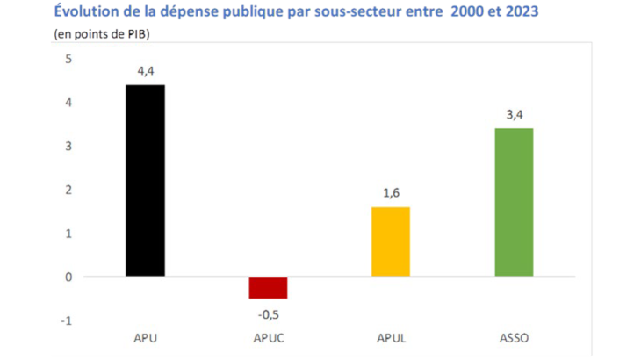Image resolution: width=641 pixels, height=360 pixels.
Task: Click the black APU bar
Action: [x=145, y=180]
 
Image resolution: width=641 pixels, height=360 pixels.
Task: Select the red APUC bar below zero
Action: [x=268, y=288]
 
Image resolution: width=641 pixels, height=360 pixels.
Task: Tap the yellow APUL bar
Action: [x=391, y=241]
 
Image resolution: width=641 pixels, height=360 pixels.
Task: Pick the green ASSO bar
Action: [x=514, y=202]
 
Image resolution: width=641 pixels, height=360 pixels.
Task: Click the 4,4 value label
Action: [x=145, y=72]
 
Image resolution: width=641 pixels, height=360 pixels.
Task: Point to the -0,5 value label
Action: [x=268, y=312]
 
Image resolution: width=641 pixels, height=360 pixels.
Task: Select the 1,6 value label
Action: [x=391, y=194]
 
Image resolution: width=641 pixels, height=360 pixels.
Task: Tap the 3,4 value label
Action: [x=514, y=115]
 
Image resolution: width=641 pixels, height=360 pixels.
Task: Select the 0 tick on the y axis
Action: [x=68, y=277]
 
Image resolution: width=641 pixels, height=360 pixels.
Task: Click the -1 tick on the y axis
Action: [x=67, y=320]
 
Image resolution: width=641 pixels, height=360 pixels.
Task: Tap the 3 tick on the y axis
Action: [x=68, y=147]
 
